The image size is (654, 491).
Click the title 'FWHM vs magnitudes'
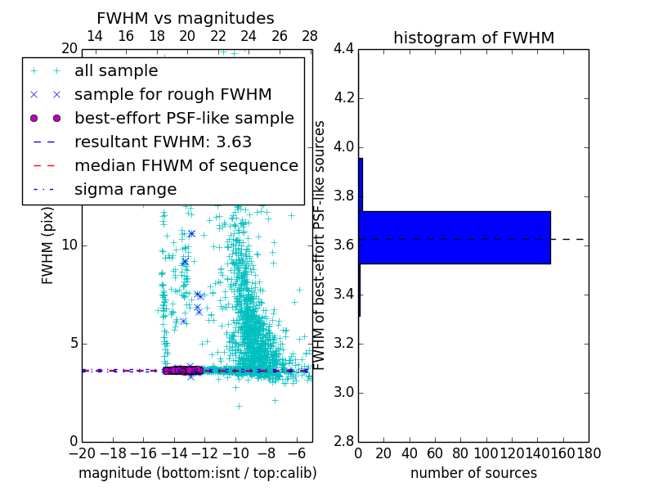point(185,19)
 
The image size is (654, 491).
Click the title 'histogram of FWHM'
point(473,38)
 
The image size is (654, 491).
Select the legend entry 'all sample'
point(116,71)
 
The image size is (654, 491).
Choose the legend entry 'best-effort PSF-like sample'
point(184,118)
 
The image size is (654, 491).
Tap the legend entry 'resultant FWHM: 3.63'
point(163,142)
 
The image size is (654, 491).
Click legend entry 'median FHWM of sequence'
point(186,165)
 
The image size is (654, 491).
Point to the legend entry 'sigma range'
point(125,189)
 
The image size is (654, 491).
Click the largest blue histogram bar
point(455,237)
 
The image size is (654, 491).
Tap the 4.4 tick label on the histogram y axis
point(343,49)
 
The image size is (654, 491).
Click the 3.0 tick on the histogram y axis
point(343,392)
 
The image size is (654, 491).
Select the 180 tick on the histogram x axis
point(589,453)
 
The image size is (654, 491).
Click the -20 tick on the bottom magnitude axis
point(82,453)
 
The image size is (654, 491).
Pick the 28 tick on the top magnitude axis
point(310,36)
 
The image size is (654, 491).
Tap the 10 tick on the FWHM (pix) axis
point(69,245)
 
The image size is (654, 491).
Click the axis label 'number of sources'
point(473,473)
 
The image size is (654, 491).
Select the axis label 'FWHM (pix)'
point(48,245)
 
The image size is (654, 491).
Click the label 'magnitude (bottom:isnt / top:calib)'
point(197,473)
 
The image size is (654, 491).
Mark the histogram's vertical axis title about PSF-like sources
point(320,245)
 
